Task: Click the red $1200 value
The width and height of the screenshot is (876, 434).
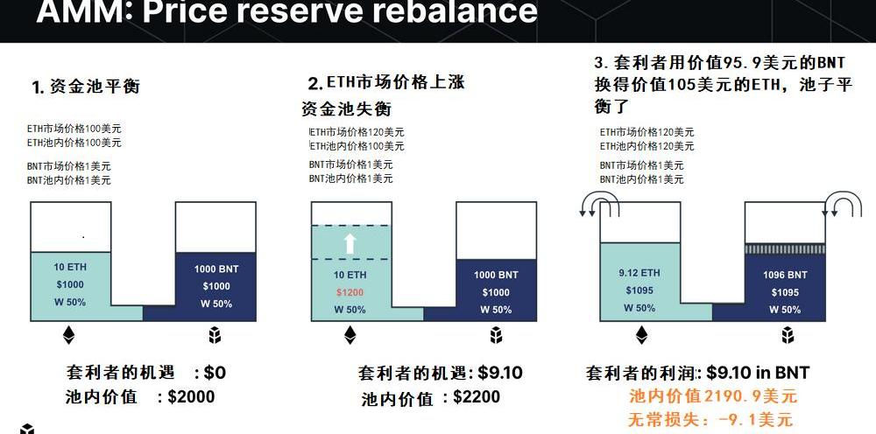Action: [x=350, y=292]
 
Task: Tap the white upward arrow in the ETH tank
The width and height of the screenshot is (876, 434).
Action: [x=350, y=242]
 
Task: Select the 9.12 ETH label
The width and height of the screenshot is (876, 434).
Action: [x=639, y=273]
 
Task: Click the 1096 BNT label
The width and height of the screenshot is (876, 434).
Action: [x=785, y=275]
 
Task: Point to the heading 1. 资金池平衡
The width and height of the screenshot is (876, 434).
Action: [x=86, y=87]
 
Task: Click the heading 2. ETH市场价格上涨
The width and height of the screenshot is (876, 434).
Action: [x=385, y=83]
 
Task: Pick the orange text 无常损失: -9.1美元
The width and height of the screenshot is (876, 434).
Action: [x=710, y=419]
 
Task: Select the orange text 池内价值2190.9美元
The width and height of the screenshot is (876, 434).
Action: [x=712, y=396]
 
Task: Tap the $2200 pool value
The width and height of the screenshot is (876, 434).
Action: [x=477, y=397]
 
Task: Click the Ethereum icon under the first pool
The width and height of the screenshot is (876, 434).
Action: [x=69, y=335]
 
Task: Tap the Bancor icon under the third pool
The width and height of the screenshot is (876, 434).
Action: [x=786, y=335]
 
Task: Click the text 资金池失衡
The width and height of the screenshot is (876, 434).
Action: [x=347, y=109]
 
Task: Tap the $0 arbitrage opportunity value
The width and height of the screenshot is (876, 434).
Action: [x=215, y=372]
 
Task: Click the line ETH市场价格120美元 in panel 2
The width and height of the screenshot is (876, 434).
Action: [x=357, y=131]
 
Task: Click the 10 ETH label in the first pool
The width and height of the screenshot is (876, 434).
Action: [x=69, y=267]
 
